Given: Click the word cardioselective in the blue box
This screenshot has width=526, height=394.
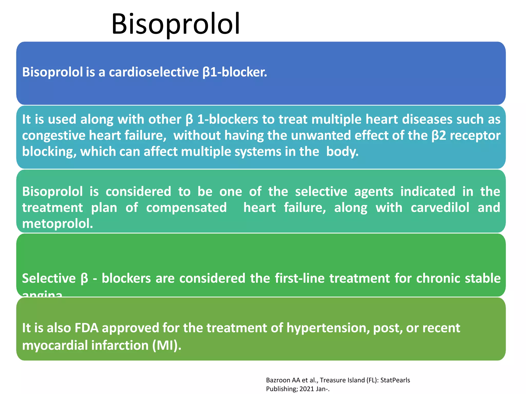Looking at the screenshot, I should (154, 72).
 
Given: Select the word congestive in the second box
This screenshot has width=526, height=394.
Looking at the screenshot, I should (53, 135).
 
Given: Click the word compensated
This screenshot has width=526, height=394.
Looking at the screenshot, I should (186, 208).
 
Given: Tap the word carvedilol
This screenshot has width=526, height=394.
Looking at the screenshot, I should (440, 208).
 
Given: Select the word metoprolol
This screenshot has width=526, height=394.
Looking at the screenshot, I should (57, 224).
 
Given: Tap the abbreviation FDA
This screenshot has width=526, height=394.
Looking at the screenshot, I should (87, 328).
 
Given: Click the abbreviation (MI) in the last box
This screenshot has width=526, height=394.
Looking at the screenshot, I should (166, 345).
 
